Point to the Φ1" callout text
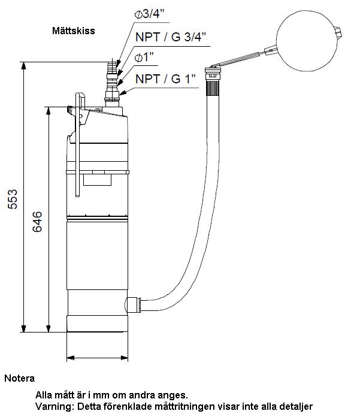click(147, 58)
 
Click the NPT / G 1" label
click(165, 78)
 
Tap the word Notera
click(19, 379)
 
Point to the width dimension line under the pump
click(96, 358)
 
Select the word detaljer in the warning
click(294, 407)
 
